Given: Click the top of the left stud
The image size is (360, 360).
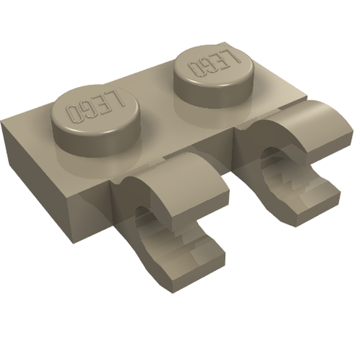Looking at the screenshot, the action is click(x=94, y=111).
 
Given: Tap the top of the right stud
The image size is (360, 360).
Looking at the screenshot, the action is click(x=214, y=66).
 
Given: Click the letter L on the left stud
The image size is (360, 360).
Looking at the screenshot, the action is click(x=118, y=98).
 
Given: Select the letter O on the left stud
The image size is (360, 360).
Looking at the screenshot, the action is click(x=73, y=114).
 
